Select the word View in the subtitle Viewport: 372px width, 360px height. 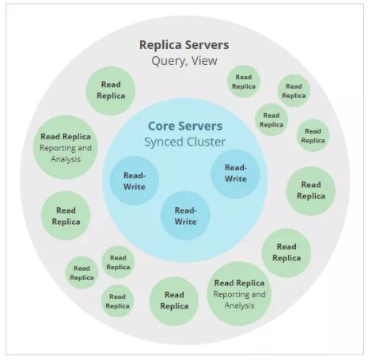(204, 61)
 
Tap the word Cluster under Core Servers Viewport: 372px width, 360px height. (207, 142)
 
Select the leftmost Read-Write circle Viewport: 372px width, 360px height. (135, 181)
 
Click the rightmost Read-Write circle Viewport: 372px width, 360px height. (236, 173)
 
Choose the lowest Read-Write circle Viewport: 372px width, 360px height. (185, 216)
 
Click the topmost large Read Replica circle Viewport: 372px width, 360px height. (111, 90)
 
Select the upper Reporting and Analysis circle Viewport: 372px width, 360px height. (66, 147)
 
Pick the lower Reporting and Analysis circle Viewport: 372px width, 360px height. (239, 294)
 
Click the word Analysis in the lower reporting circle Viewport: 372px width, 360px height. (239, 305)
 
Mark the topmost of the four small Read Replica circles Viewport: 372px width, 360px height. (244, 81)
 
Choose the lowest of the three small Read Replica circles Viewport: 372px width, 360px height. (118, 301)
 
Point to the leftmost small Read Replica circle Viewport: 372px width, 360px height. (82, 272)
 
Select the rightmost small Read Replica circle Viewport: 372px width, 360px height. (313, 135)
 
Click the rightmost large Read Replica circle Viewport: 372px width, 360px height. (311, 191)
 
